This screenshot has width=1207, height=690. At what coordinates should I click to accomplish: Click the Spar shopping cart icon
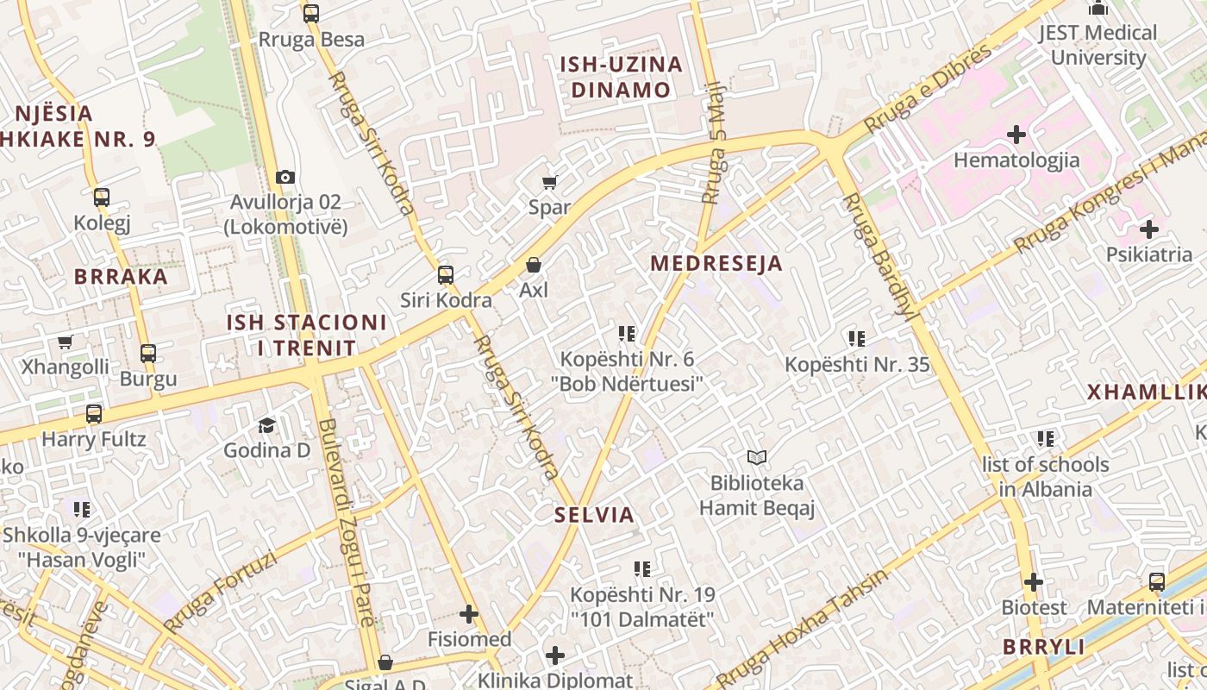coord(549,182)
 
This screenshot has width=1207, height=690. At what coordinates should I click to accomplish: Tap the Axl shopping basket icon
coord(534,265)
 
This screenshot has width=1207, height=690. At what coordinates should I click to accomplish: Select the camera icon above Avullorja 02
coord(285,177)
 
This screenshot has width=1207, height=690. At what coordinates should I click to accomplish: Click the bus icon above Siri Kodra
coord(445,275)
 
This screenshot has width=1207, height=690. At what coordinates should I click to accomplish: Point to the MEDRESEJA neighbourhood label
coord(716,263)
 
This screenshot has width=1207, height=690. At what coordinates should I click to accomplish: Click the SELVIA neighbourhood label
coord(595,515)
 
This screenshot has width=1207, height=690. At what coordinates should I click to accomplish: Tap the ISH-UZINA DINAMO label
coord(621,77)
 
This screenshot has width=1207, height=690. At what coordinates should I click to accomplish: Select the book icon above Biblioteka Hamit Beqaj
coord(756,457)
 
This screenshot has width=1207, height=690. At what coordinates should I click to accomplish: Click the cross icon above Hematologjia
coord(1016,135)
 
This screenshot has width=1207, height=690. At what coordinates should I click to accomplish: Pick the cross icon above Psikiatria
coord(1148,229)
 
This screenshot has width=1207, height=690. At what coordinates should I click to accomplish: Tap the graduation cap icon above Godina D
coord(266,425)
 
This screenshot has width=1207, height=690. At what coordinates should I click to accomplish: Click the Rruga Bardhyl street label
coord(879,256)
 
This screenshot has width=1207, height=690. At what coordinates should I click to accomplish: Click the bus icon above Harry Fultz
coord(94,414)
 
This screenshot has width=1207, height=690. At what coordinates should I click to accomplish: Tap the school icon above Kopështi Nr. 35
coord(856,339)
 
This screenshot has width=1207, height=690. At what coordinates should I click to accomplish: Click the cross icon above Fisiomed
coord(469,614)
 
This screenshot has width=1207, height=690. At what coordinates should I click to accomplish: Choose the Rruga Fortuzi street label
coord(220,593)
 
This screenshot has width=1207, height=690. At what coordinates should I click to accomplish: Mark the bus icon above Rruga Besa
coord(311,14)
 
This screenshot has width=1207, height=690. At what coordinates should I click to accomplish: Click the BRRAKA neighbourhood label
coord(121,276)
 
